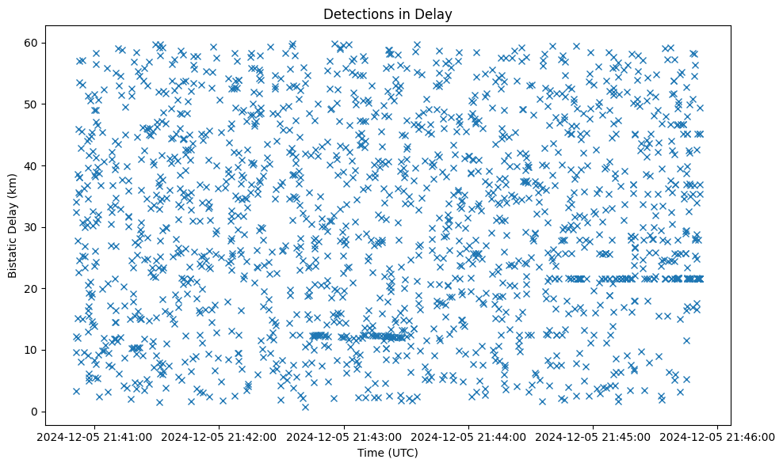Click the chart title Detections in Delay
388,13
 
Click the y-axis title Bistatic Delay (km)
13,226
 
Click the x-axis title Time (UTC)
388,453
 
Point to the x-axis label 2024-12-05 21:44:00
468,436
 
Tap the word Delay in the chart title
435,13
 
